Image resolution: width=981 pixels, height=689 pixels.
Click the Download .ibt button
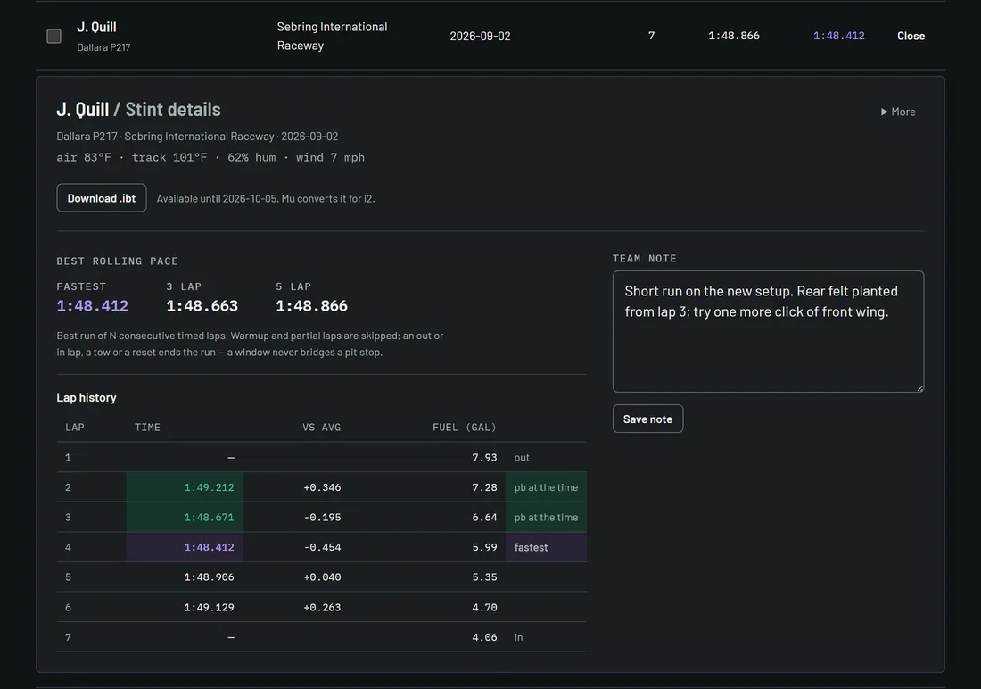pyautogui.click(x=102, y=198)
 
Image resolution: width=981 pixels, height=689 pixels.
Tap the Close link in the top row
pyautogui.click(x=911, y=36)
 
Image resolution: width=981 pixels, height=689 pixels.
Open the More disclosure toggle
pyautogui.click(x=898, y=112)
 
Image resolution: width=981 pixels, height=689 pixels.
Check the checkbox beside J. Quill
pyautogui.click(x=54, y=36)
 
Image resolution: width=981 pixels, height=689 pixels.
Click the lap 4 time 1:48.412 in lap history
pyautogui.click(x=209, y=547)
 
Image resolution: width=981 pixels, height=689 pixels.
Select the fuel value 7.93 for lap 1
pyautogui.click(x=484, y=457)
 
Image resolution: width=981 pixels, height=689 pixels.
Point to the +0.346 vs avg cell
pyautogui.click(x=322, y=487)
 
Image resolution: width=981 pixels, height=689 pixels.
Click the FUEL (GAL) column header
pyautogui.click(x=465, y=428)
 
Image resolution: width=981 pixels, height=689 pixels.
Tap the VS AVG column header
pyautogui.click(x=322, y=428)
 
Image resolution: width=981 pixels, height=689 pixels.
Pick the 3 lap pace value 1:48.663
pyautogui.click(x=202, y=305)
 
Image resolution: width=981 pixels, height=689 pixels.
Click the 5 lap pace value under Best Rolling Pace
pyautogui.click(x=311, y=305)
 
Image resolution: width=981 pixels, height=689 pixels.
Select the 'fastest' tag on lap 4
pyautogui.click(x=532, y=547)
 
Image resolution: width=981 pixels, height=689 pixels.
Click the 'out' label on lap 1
pyautogui.click(x=522, y=457)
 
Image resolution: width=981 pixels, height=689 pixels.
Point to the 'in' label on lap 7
pyautogui.click(x=519, y=637)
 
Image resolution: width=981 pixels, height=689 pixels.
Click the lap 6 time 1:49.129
pyautogui.click(x=209, y=607)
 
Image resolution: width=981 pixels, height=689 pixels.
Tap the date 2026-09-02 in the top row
pyautogui.click(x=480, y=36)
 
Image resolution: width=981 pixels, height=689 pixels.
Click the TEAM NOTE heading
pyautogui.click(x=645, y=258)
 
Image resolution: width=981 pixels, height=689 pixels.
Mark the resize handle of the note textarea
pyautogui.click(x=919, y=387)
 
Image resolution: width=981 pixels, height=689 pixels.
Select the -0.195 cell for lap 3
pyautogui.click(x=322, y=518)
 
